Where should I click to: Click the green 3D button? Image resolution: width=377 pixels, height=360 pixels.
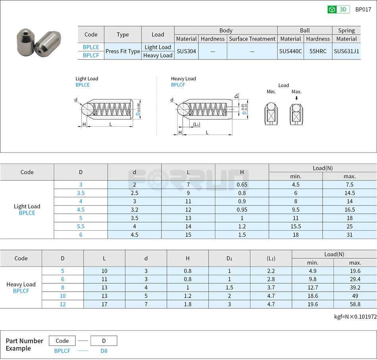click(x=338, y=10)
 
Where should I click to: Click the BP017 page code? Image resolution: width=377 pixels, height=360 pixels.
click(x=363, y=10)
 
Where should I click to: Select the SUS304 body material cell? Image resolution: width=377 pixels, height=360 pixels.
click(x=186, y=52)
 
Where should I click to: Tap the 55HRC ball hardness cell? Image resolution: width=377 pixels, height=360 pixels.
click(x=318, y=52)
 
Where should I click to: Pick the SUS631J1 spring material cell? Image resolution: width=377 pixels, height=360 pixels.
click(x=346, y=52)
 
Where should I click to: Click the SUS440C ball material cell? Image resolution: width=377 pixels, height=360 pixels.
click(x=290, y=52)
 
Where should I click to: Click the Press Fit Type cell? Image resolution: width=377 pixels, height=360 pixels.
click(x=123, y=52)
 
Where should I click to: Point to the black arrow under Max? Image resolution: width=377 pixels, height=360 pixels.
click(x=296, y=98)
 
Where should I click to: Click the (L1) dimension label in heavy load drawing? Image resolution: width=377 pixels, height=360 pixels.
click(x=196, y=125)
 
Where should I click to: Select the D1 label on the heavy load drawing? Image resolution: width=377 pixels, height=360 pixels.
click(x=237, y=95)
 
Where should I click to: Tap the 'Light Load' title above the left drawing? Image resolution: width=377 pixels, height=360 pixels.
click(x=87, y=79)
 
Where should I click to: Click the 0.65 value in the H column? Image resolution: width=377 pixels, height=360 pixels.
click(x=242, y=185)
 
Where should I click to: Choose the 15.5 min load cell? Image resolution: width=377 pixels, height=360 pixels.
click(x=295, y=226)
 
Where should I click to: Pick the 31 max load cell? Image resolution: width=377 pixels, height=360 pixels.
click(x=349, y=235)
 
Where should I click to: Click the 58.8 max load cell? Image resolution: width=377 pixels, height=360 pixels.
click(x=355, y=304)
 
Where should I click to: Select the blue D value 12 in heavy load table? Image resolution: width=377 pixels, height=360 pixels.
click(x=63, y=304)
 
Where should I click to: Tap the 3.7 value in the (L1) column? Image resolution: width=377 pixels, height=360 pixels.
click(x=271, y=287)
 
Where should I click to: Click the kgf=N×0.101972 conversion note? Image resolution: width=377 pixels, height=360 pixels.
click(x=355, y=317)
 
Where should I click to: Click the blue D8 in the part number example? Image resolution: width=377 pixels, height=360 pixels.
click(x=104, y=351)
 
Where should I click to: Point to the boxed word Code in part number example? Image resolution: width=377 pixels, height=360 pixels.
click(x=62, y=341)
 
